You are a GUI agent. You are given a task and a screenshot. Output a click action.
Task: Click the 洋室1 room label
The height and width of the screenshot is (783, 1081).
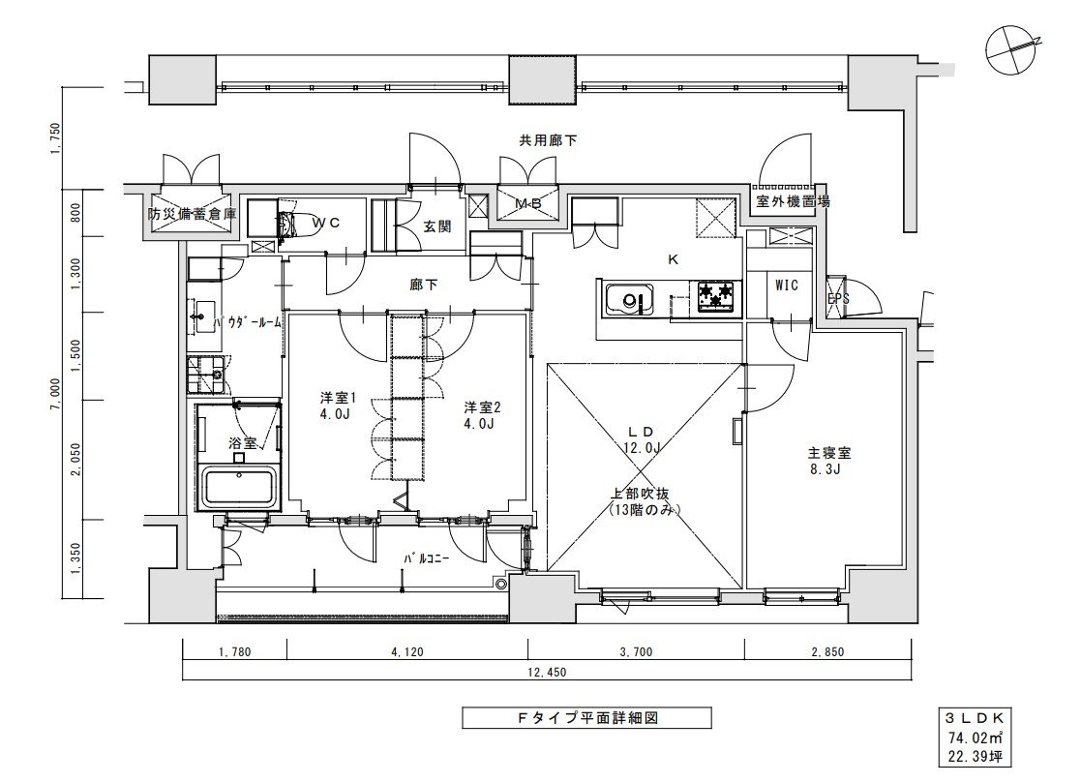coord(340,397)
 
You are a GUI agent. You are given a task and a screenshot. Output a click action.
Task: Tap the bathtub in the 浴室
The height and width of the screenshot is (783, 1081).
coord(238,485)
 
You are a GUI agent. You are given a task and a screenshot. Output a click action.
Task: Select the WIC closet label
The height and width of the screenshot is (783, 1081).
coord(787,286)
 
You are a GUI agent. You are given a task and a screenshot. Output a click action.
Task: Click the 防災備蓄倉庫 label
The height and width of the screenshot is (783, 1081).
coord(192,214)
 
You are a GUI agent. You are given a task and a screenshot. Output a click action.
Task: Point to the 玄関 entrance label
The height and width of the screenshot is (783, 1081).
coord(436,226)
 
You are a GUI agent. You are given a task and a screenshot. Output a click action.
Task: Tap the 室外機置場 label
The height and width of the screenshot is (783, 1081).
coord(793,202)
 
